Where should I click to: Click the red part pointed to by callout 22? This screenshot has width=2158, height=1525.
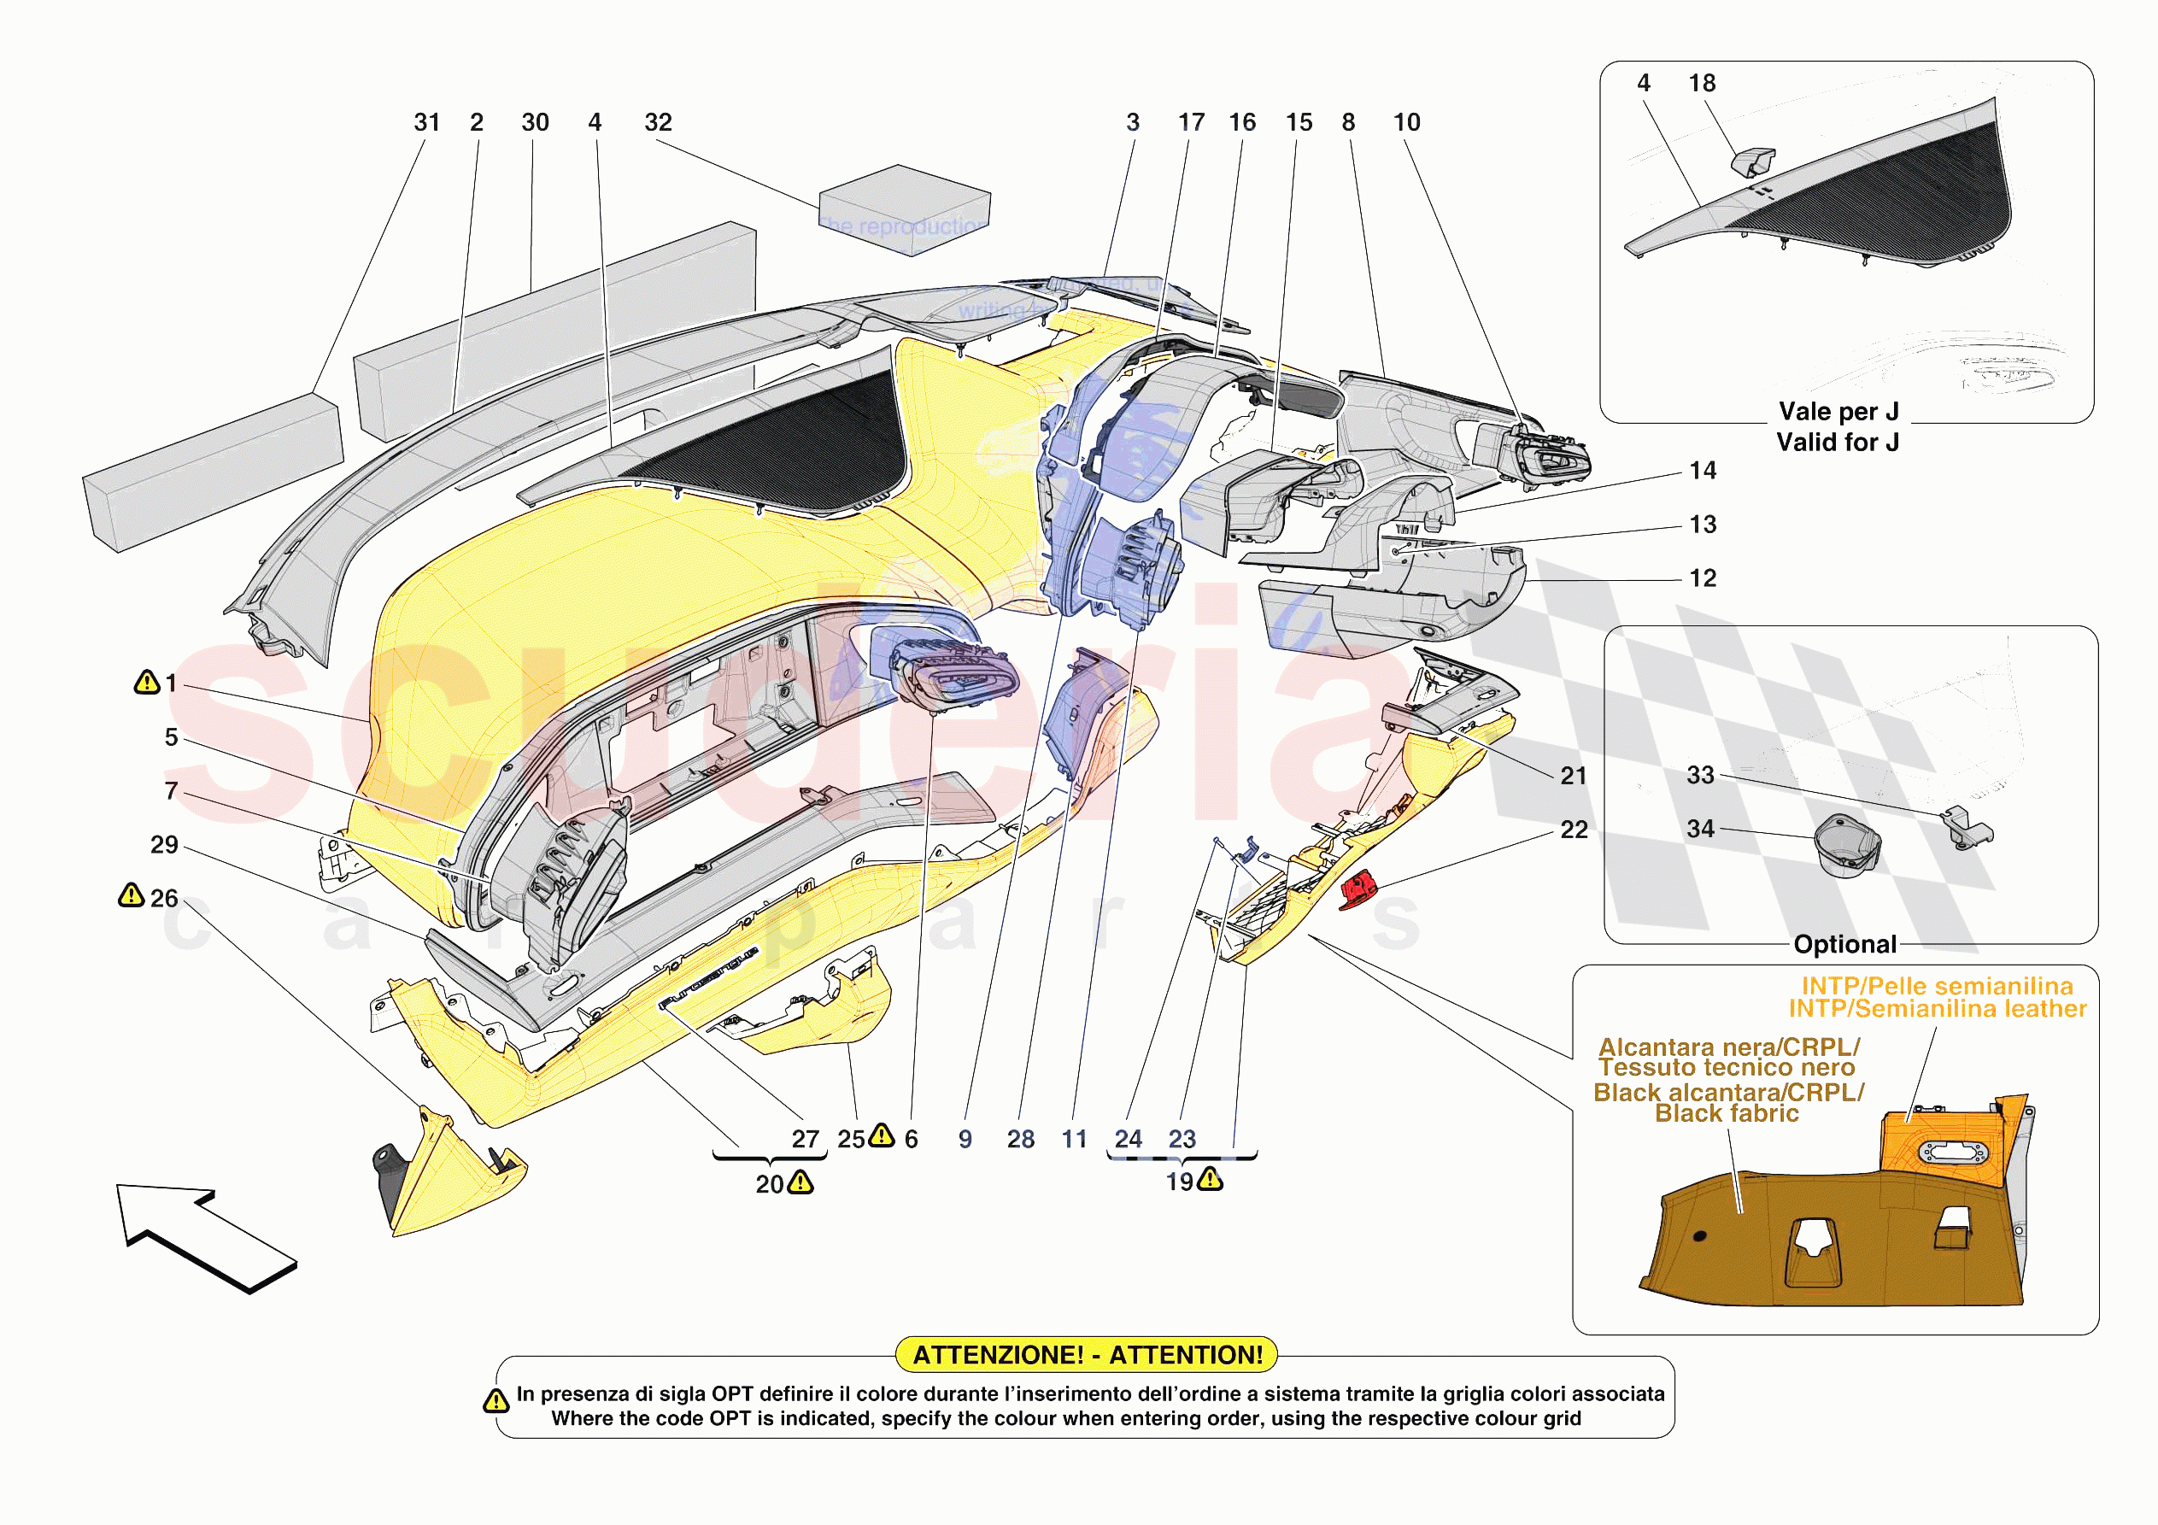(x=1358, y=889)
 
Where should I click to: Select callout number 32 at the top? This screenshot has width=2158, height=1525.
(x=658, y=123)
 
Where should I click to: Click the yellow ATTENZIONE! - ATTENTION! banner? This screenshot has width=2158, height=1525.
(x=1087, y=1355)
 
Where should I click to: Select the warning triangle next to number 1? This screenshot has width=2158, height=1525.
(x=147, y=683)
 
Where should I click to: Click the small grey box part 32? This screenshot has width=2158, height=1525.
(x=904, y=209)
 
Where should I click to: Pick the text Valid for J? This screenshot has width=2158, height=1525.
(x=1838, y=442)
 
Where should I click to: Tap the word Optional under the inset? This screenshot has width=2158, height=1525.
(x=1844, y=944)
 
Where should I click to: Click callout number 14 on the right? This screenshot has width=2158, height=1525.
(x=1702, y=471)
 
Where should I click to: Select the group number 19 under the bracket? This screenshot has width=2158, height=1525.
(x=1180, y=1182)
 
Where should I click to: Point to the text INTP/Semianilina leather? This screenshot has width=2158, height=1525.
(x=1936, y=1009)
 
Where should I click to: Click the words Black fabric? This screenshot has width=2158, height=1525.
(x=1726, y=1113)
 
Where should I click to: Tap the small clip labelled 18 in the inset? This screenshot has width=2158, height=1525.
(x=1752, y=161)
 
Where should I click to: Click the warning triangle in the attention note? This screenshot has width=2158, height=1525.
(x=496, y=1402)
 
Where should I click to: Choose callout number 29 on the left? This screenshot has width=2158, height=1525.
(x=165, y=845)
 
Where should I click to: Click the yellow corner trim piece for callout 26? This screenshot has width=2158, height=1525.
(x=451, y=1176)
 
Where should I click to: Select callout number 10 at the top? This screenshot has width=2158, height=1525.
(x=1406, y=123)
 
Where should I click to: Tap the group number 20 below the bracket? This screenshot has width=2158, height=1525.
(x=769, y=1185)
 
